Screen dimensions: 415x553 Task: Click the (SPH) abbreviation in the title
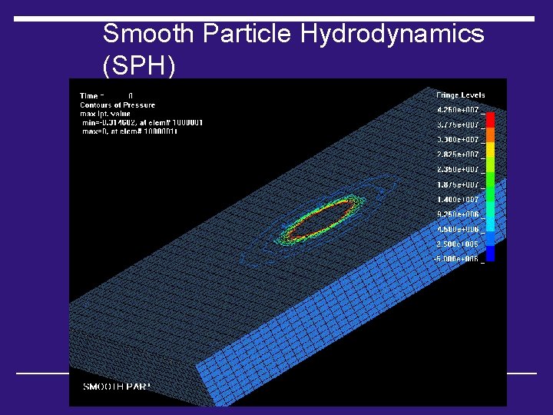tap(139, 66)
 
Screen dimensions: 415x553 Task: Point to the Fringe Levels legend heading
tap(460, 95)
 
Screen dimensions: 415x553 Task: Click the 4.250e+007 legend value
tap(458, 110)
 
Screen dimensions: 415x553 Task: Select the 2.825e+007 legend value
tap(458, 154)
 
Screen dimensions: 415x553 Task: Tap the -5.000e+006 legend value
tap(457, 259)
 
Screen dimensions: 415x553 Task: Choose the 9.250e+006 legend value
tap(458, 214)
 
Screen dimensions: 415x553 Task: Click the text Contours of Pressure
tap(118, 105)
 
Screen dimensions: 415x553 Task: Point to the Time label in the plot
tap(89, 96)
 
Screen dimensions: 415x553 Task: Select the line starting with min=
tap(141, 122)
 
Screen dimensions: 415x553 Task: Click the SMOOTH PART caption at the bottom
tap(116, 386)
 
